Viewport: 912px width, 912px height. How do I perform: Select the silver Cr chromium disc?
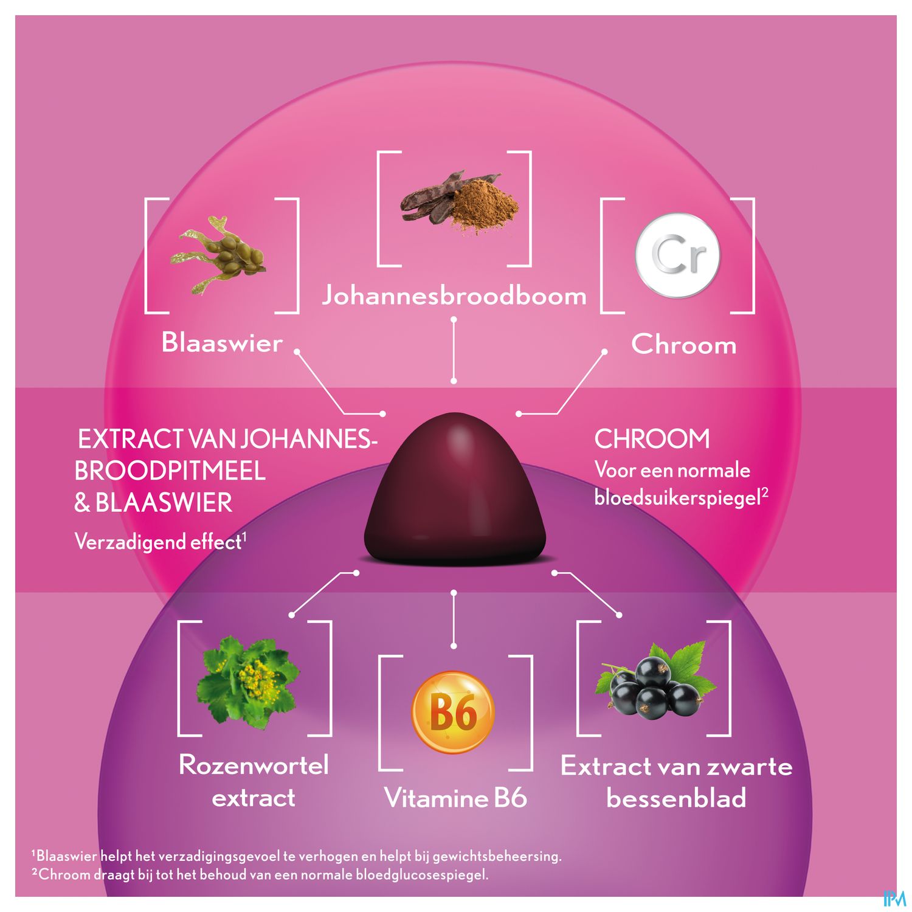tap(677, 255)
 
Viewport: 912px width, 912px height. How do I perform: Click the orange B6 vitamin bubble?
tap(453, 712)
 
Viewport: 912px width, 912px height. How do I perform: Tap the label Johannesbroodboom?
tap(454, 295)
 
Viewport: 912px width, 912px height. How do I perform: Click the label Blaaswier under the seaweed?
tap(222, 342)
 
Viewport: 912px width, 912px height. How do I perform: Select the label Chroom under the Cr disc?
tap(683, 344)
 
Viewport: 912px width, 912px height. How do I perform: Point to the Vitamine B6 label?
tap(455, 798)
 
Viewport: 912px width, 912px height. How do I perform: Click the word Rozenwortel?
tap(254, 765)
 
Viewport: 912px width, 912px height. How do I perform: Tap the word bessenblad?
tap(676, 797)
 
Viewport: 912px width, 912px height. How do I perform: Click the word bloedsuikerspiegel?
tap(678, 498)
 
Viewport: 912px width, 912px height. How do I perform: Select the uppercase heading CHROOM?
tap(652, 439)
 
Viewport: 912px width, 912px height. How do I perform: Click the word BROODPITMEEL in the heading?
tap(170, 471)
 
